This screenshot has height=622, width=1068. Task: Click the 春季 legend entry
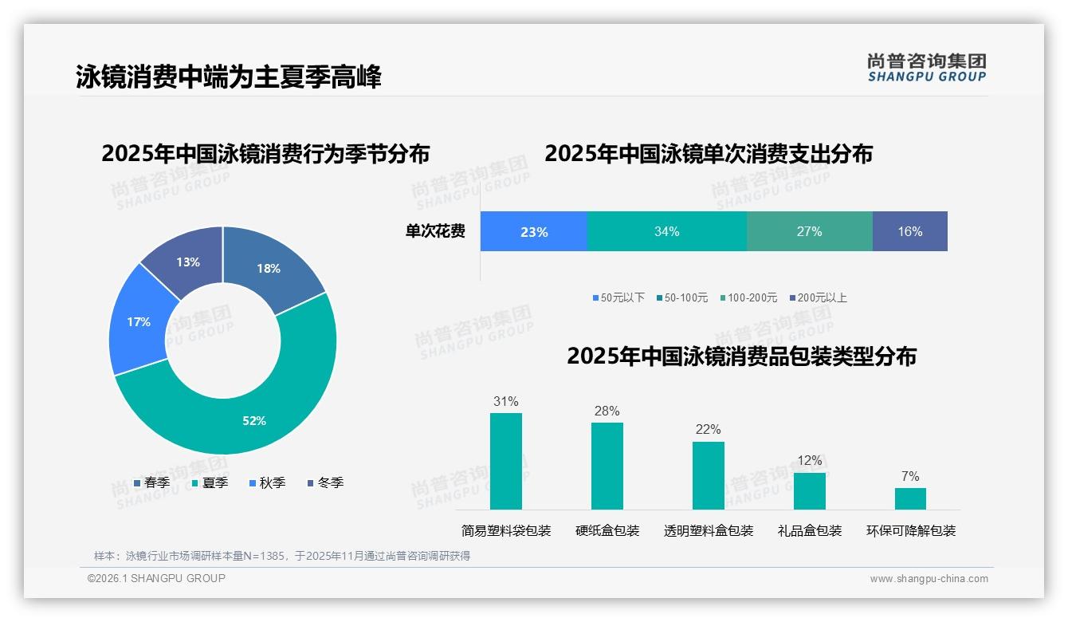tap(152, 482)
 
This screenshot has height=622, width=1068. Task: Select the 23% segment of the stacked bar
tap(533, 232)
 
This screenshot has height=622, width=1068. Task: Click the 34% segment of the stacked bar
tap(666, 232)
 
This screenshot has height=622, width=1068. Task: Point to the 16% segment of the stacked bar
tap(909, 232)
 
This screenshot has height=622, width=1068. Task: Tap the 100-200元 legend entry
tap(748, 297)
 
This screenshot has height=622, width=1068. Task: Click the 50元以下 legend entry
tap(618, 297)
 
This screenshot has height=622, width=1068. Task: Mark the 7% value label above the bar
tap(910, 477)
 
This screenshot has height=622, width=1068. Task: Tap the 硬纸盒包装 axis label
tap(607, 530)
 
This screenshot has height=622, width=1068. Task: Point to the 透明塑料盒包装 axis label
tap(709, 530)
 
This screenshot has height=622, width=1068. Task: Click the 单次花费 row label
tap(435, 232)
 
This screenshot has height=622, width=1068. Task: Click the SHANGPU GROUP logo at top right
tap(926, 68)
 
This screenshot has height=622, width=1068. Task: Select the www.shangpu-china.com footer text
tap(929, 579)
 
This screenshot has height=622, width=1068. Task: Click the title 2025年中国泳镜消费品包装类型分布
tap(741, 356)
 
